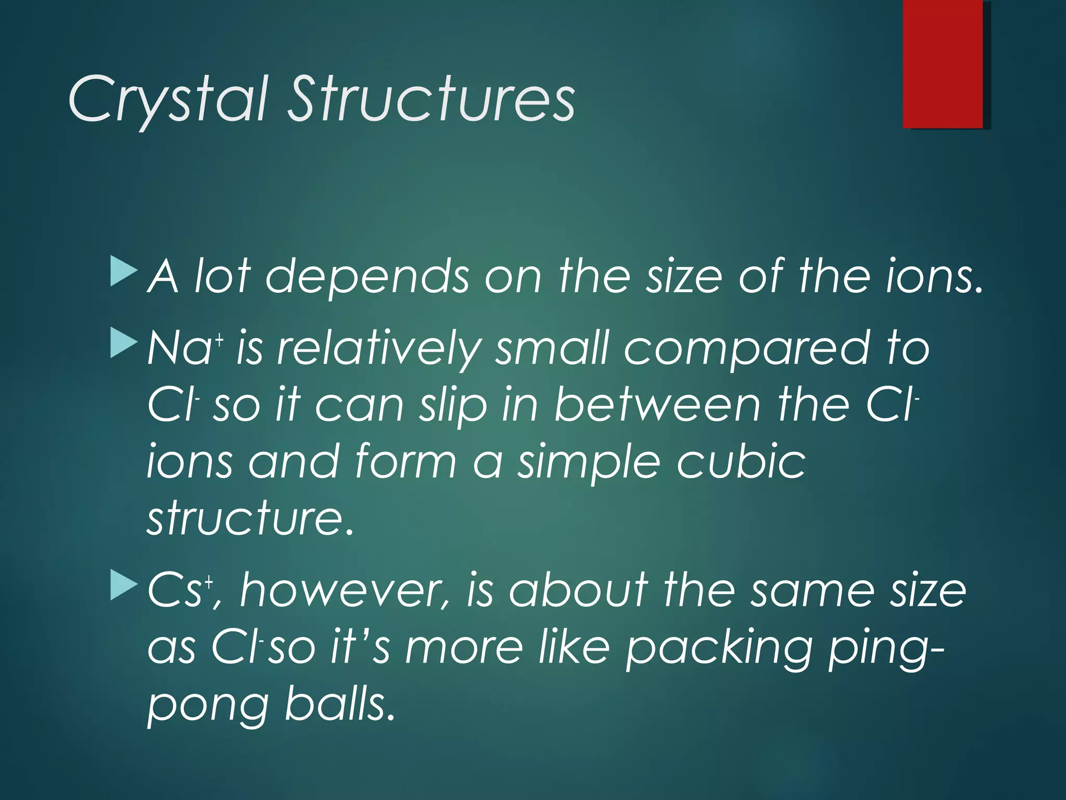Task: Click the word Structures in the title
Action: click(x=432, y=99)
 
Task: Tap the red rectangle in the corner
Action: click(x=943, y=64)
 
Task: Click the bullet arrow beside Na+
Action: click(x=124, y=344)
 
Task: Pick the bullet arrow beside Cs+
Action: click(x=124, y=585)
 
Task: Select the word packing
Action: click(x=719, y=649)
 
